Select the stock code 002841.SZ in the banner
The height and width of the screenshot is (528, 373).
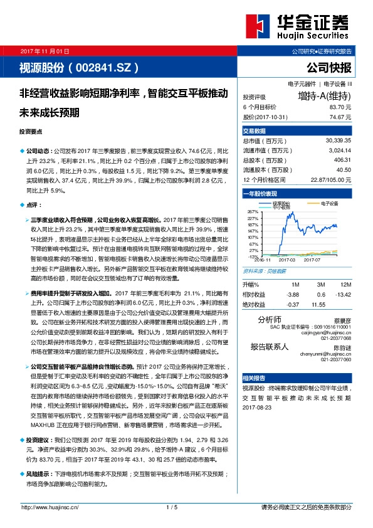110,66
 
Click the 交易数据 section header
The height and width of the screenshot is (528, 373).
255,131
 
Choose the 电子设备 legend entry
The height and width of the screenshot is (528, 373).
329,204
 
